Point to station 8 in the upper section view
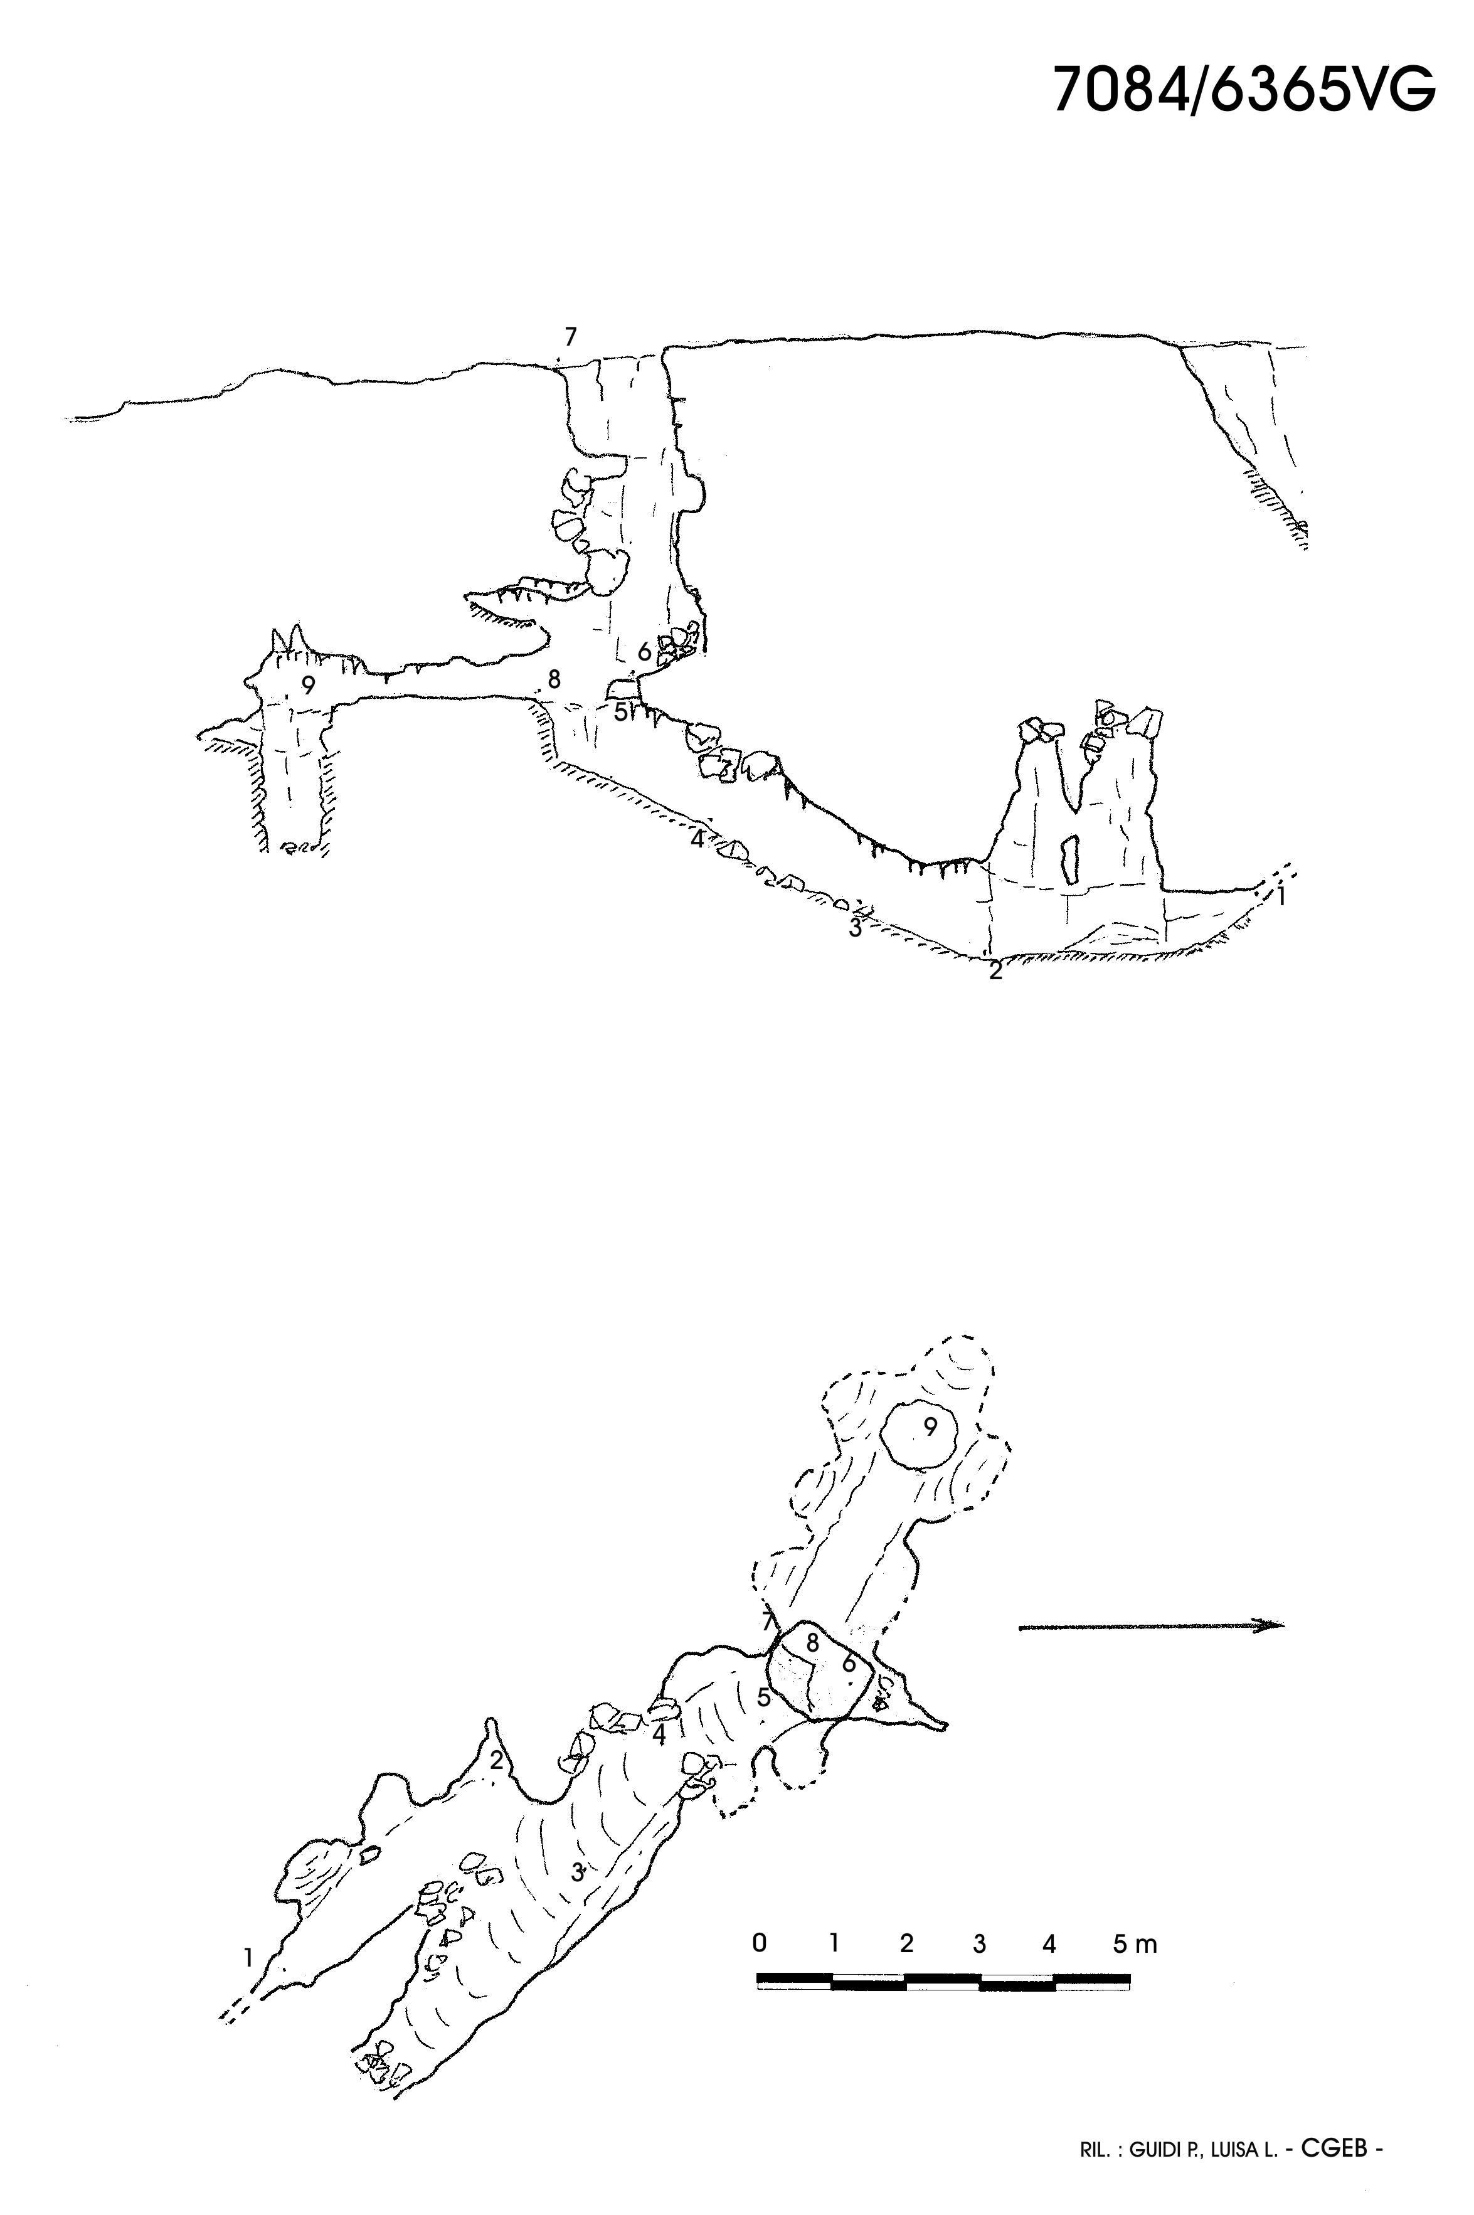click(554, 678)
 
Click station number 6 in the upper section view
click(644, 651)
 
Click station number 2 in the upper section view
click(995, 971)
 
